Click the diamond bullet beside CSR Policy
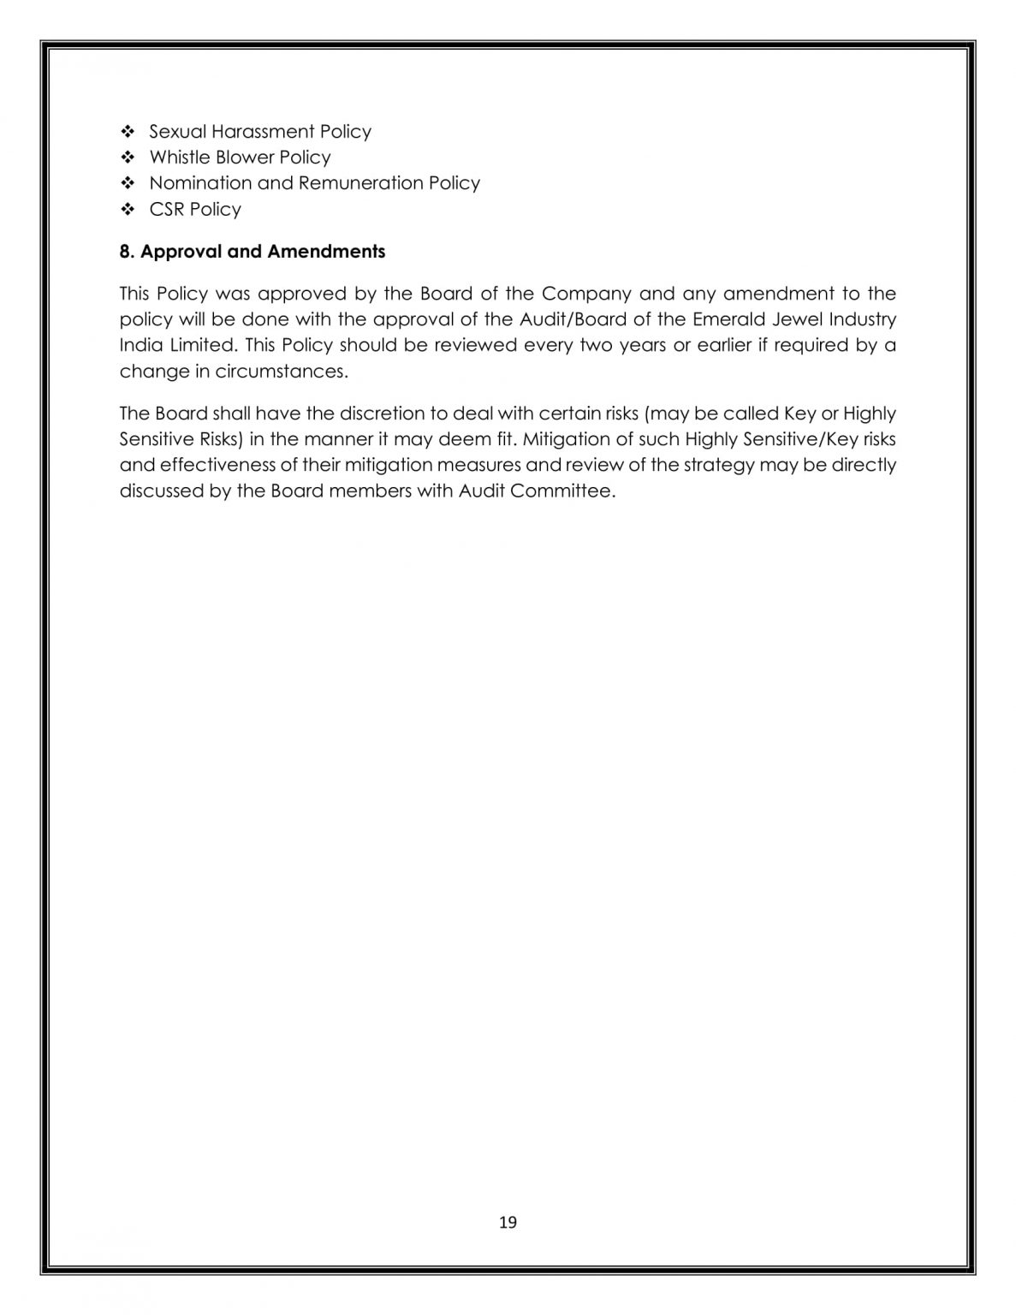pos(128,209)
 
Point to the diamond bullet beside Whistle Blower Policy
pos(128,158)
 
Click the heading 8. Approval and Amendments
pos(253,252)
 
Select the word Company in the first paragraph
pos(586,295)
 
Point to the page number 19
pos(508,1222)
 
